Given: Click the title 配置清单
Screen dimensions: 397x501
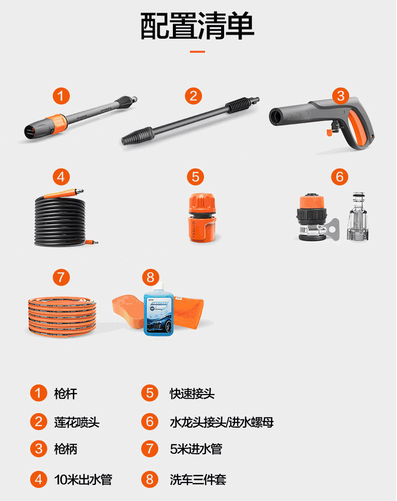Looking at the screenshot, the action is (x=197, y=26).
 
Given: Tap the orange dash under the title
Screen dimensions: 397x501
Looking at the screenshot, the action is (x=197, y=51).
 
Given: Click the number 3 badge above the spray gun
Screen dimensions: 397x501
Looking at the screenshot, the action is (x=340, y=96).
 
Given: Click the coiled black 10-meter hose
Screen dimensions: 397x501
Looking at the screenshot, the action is (x=60, y=221).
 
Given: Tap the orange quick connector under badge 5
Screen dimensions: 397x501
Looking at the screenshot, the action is (x=202, y=217).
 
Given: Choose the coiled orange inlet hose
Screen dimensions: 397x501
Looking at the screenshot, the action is (x=62, y=316).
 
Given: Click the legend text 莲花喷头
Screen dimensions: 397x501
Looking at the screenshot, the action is (x=77, y=422).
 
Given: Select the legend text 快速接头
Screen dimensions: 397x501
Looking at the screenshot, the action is (x=192, y=393).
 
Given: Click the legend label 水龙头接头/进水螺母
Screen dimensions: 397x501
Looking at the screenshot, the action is (x=222, y=422).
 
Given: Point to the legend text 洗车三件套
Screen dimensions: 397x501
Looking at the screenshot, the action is (x=198, y=479).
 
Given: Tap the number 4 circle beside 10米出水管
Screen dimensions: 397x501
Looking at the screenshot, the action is (x=39, y=479).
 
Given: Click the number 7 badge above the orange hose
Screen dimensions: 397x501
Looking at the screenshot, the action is (x=61, y=277).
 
